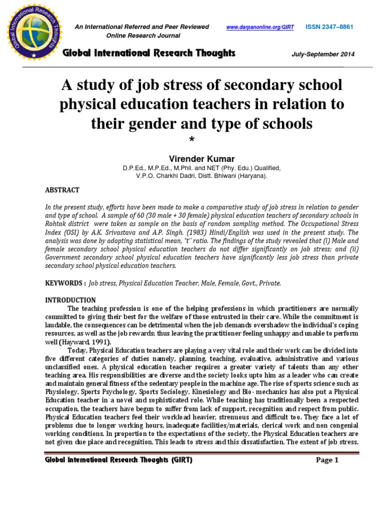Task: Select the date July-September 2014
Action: pyautogui.click(x=323, y=54)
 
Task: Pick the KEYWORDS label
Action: pyautogui.click(x=64, y=283)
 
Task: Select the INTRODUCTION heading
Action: pyautogui.click(x=70, y=300)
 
